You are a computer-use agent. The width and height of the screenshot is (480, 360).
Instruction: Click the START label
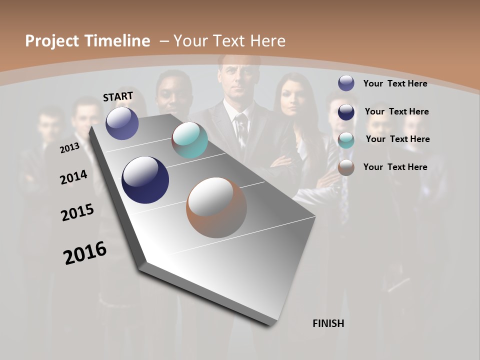pos(118,96)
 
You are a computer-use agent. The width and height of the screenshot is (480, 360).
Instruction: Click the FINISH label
pos(328,323)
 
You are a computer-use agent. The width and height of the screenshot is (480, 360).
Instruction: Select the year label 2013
pos(69,147)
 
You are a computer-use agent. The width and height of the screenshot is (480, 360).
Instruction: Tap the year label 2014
pos(74,177)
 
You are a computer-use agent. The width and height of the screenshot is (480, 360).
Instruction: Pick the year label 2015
pos(77,212)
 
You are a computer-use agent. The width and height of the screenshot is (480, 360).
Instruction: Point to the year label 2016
pos(85,253)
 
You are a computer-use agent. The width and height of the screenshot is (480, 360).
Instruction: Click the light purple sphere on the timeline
pos(122,123)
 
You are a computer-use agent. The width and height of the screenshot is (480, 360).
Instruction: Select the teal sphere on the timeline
pos(189,140)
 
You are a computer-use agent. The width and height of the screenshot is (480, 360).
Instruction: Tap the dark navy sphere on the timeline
pos(145,180)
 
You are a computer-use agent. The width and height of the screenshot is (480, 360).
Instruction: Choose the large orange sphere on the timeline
pos(216,207)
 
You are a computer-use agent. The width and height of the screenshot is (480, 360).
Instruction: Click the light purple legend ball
pos(346,83)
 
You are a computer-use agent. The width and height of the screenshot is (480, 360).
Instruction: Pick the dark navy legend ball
pos(346,112)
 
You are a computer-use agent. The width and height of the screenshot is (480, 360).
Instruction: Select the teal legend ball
pos(346,140)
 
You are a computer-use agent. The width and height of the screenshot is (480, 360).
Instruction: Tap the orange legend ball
pos(346,167)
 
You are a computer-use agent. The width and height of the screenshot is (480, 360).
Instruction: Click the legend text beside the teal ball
pos(397,139)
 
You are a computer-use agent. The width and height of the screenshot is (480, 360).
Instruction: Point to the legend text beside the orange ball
pos(395,167)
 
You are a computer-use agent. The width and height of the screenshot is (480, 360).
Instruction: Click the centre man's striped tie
pos(241,129)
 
